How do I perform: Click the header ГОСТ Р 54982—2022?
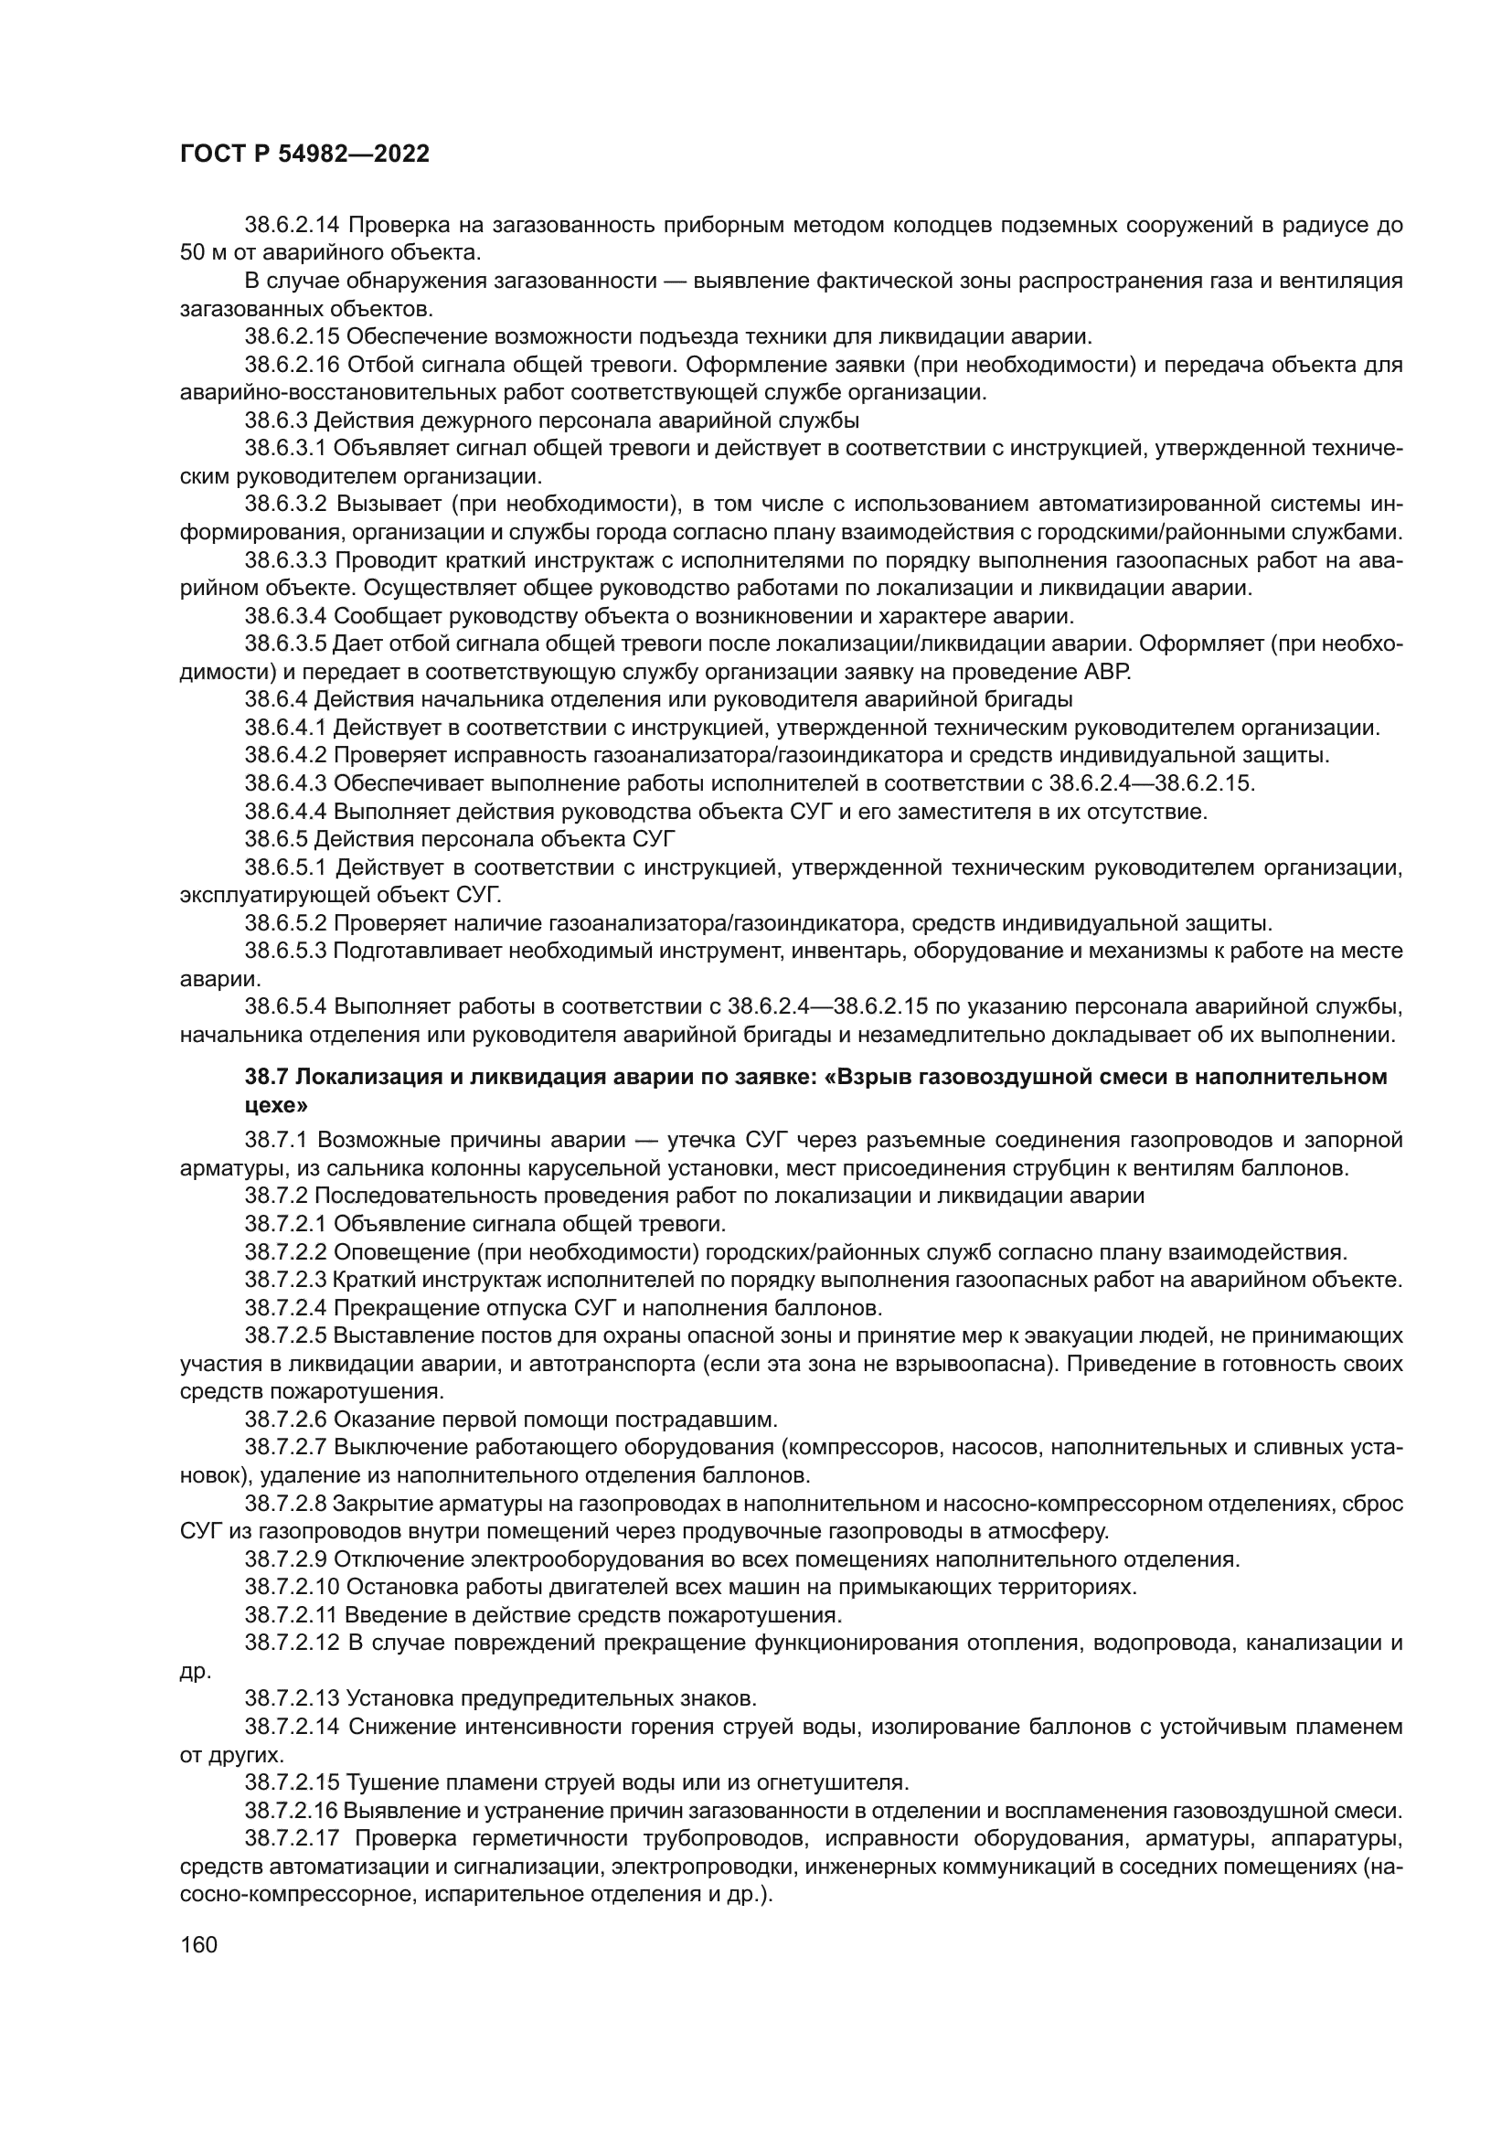click(304, 154)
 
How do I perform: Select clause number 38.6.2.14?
click(291, 225)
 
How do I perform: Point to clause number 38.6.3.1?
click(285, 448)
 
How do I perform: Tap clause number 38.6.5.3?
click(285, 951)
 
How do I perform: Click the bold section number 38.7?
click(266, 1078)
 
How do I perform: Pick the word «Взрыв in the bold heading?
click(861, 1078)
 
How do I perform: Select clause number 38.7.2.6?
click(285, 1420)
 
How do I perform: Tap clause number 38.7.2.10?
click(291, 1587)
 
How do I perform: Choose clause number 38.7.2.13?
click(291, 1693)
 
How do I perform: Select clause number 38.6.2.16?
click(291, 364)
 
